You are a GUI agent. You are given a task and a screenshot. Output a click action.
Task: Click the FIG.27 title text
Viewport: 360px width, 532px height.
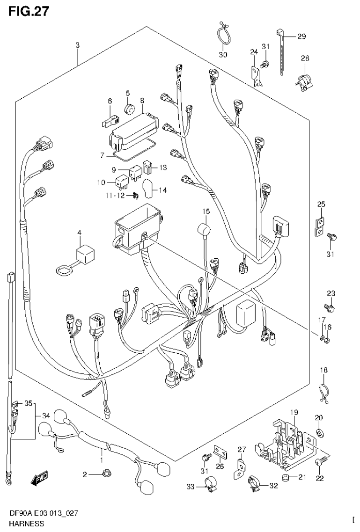(x=27, y=11)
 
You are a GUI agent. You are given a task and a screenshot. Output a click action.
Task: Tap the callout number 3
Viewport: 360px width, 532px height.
(x=78, y=45)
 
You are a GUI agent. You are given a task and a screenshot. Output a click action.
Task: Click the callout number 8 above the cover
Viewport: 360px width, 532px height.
(x=142, y=100)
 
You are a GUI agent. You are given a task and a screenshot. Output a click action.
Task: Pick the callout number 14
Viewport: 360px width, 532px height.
(x=162, y=190)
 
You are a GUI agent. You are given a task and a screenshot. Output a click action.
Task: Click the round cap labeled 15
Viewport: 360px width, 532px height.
(x=204, y=231)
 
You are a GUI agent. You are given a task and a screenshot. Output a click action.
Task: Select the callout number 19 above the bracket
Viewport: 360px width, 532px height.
(x=294, y=412)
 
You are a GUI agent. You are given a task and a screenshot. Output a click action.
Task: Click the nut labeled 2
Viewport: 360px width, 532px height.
(x=104, y=475)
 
